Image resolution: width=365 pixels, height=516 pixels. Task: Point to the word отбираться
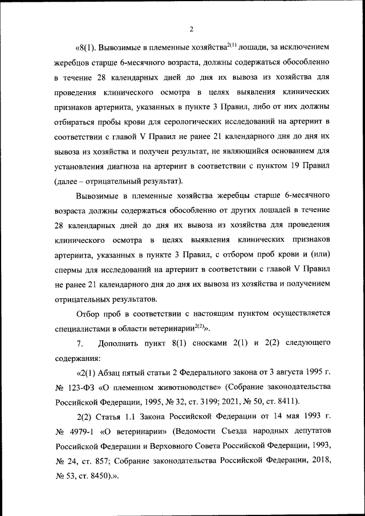[x=77, y=121]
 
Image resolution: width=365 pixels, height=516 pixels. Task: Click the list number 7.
[x=80, y=344]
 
